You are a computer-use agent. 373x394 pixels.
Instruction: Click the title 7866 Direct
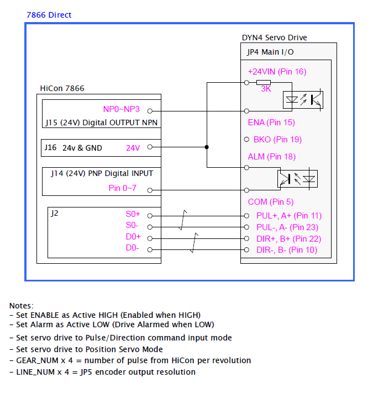[49, 15]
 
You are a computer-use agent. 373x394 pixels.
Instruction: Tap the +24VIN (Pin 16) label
[277, 72]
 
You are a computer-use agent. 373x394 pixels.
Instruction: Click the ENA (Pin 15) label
[271, 122]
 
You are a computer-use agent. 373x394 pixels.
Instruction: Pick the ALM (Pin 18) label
[271, 157]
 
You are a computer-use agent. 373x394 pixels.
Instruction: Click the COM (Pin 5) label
[271, 202]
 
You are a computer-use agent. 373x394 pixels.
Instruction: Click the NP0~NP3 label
[121, 109]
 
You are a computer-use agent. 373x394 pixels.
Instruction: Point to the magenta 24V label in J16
[133, 147]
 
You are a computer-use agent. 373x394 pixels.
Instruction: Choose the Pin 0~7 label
[122, 189]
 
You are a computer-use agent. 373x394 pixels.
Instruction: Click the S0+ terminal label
[134, 214]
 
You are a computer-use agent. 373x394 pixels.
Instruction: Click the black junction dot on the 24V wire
[207, 147]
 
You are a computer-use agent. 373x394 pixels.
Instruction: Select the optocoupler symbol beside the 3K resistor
[303, 99]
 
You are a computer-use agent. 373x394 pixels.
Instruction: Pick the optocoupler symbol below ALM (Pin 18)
[297, 178]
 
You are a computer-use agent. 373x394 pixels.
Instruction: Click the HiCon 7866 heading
[62, 88]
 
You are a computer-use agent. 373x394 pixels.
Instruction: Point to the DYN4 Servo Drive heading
[275, 38]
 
